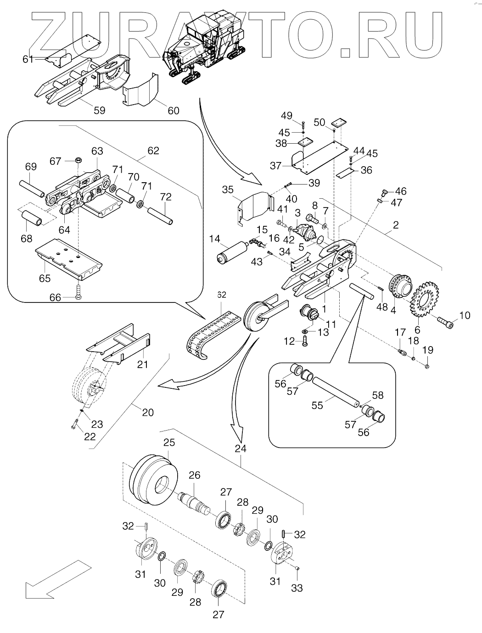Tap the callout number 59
point(99,111)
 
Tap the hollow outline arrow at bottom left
point(52,580)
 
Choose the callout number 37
point(276,166)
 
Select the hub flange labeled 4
point(399,287)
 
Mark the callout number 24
point(240,448)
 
